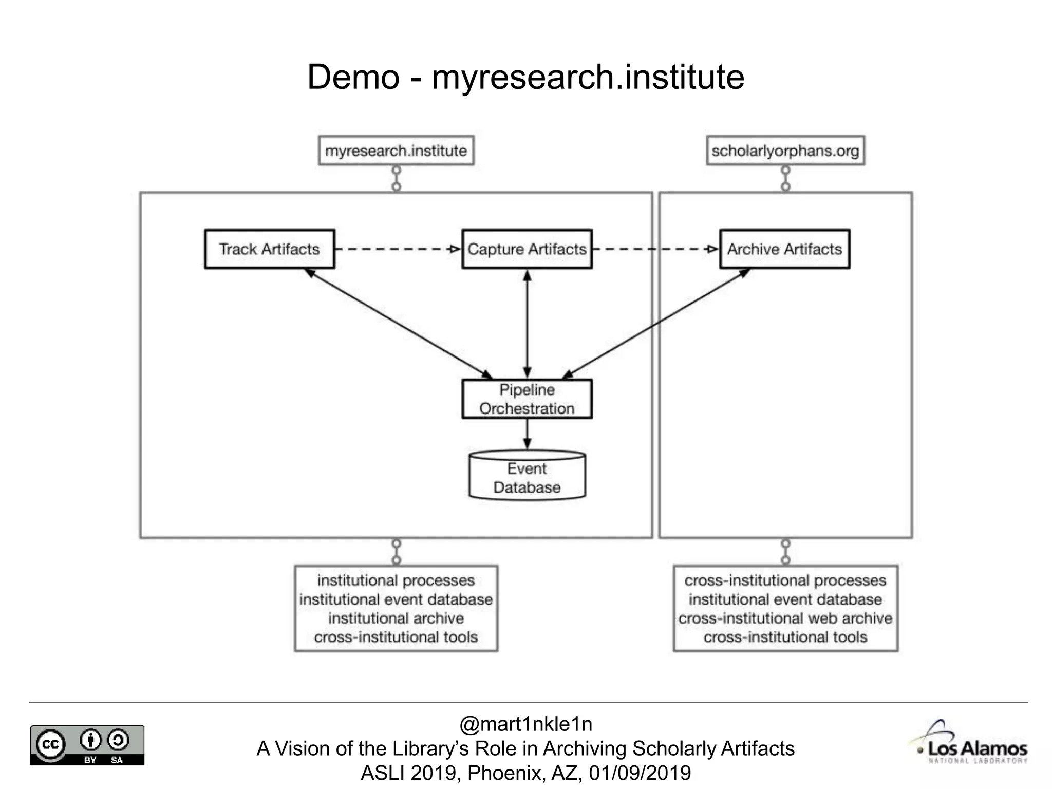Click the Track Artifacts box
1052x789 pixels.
pyautogui.click(x=269, y=249)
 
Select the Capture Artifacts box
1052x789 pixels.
pyautogui.click(x=527, y=249)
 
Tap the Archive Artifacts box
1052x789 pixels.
pyautogui.click(x=784, y=249)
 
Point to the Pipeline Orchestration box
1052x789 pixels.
pyautogui.click(x=527, y=399)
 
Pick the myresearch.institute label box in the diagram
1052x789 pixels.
pyautogui.click(x=396, y=151)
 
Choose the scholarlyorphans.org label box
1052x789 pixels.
pyautogui.click(x=785, y=151)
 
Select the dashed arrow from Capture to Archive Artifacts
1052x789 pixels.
pyautogui.click(x=655, y=249)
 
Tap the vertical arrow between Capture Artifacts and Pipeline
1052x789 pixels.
pyautogui.click(x=527, y=324)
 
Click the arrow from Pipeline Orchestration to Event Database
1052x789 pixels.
pyautogui.click(x=527, y=435)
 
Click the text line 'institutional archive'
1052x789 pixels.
pyautogui.click(x=396, y=618)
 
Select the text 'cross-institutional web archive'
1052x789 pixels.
pyautogui.click(x=785, y=618)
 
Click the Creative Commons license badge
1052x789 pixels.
pyautogui.click(x=87, y=745)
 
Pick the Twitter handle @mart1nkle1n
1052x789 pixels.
pyautogui.click(x=525, y=724)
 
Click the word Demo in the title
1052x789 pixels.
pyautogui.click(x=353, y=77)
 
